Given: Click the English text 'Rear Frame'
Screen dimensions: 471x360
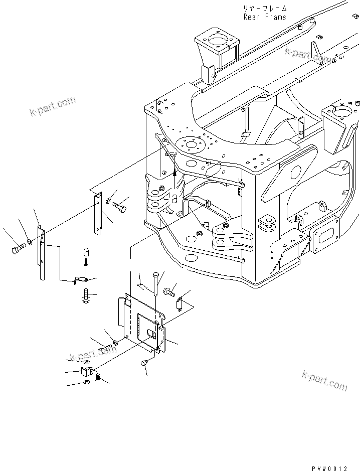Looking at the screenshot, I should [265, 17].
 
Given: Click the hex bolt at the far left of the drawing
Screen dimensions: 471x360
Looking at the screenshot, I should [18, 248].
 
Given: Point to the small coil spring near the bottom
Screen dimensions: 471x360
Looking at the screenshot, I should [98, 376].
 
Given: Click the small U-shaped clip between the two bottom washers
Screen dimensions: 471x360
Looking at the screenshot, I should [86, 372].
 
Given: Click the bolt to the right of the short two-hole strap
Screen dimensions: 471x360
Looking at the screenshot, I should [120, 206].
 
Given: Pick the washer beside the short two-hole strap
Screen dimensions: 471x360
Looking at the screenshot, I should [110, 201].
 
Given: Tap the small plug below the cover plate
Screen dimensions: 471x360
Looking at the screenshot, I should [143, 362].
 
